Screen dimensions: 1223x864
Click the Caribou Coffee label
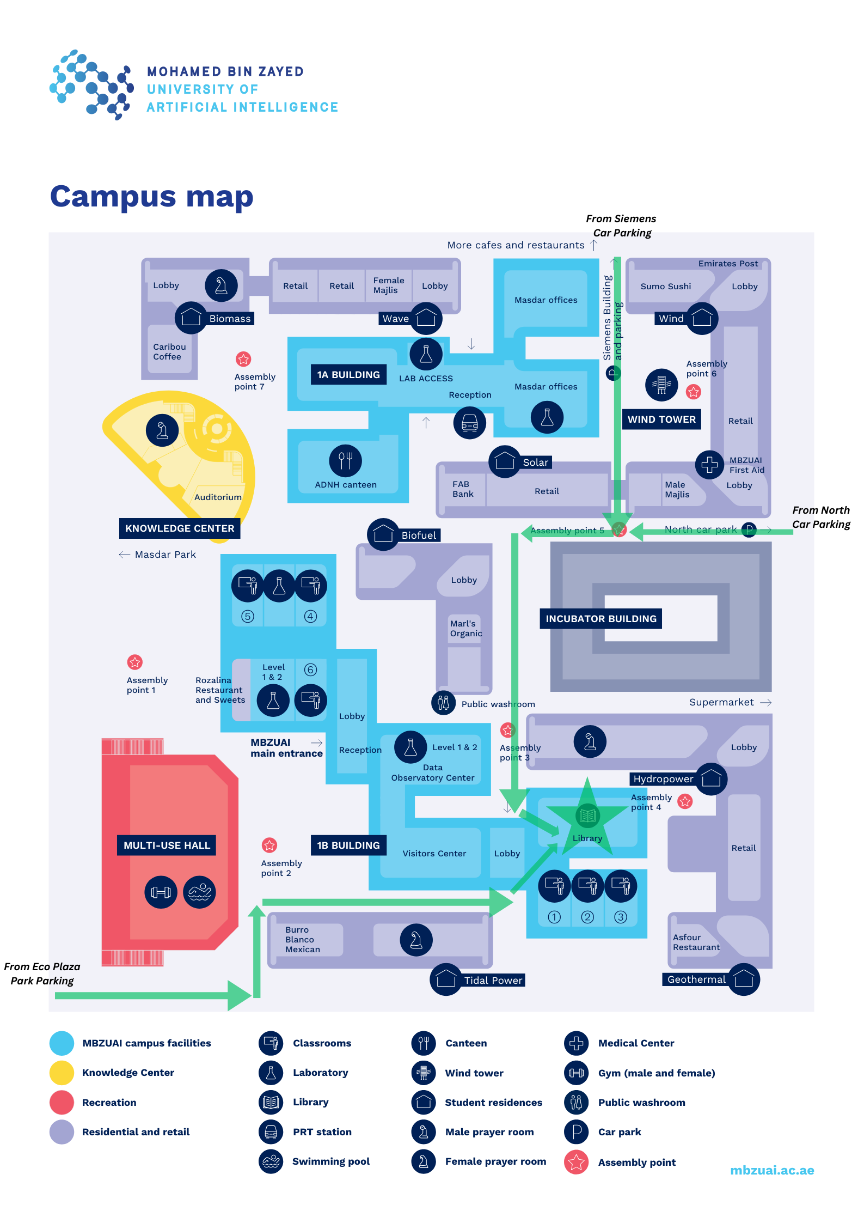(x=169, y=352)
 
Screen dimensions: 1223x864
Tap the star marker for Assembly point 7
(x=243, y=359)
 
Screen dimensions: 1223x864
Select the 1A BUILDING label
(x=348, y=375)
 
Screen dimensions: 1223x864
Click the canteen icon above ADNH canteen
(x=345, y=461)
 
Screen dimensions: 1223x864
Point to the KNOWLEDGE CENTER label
(x=180, y=528)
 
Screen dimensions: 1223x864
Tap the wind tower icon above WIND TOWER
(x=661, y=385)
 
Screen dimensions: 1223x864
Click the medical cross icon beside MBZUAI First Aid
(x=709, y=465)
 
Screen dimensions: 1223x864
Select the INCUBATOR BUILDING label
(x=601, y=619)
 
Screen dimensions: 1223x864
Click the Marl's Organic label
(x=465, y=629)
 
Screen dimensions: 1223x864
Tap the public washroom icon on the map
(x=443, y=703)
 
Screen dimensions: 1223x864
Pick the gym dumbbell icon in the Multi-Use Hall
(x=161, y=892)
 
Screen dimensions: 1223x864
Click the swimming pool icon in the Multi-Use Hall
(x=199, y=892)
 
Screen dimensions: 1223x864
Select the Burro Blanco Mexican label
(x=303, y=940)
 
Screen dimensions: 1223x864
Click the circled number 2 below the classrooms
(x=587, y=917)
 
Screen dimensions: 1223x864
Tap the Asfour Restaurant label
(x=696, y=942)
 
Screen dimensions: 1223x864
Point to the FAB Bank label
(x=463, y=489)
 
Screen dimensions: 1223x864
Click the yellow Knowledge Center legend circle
(x=62, y=1073)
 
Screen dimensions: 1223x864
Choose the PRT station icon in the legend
(x=271, y=1132)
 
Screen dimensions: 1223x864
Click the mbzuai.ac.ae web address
(x=771, y=1170)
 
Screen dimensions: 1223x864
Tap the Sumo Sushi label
(x=665, y=287)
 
